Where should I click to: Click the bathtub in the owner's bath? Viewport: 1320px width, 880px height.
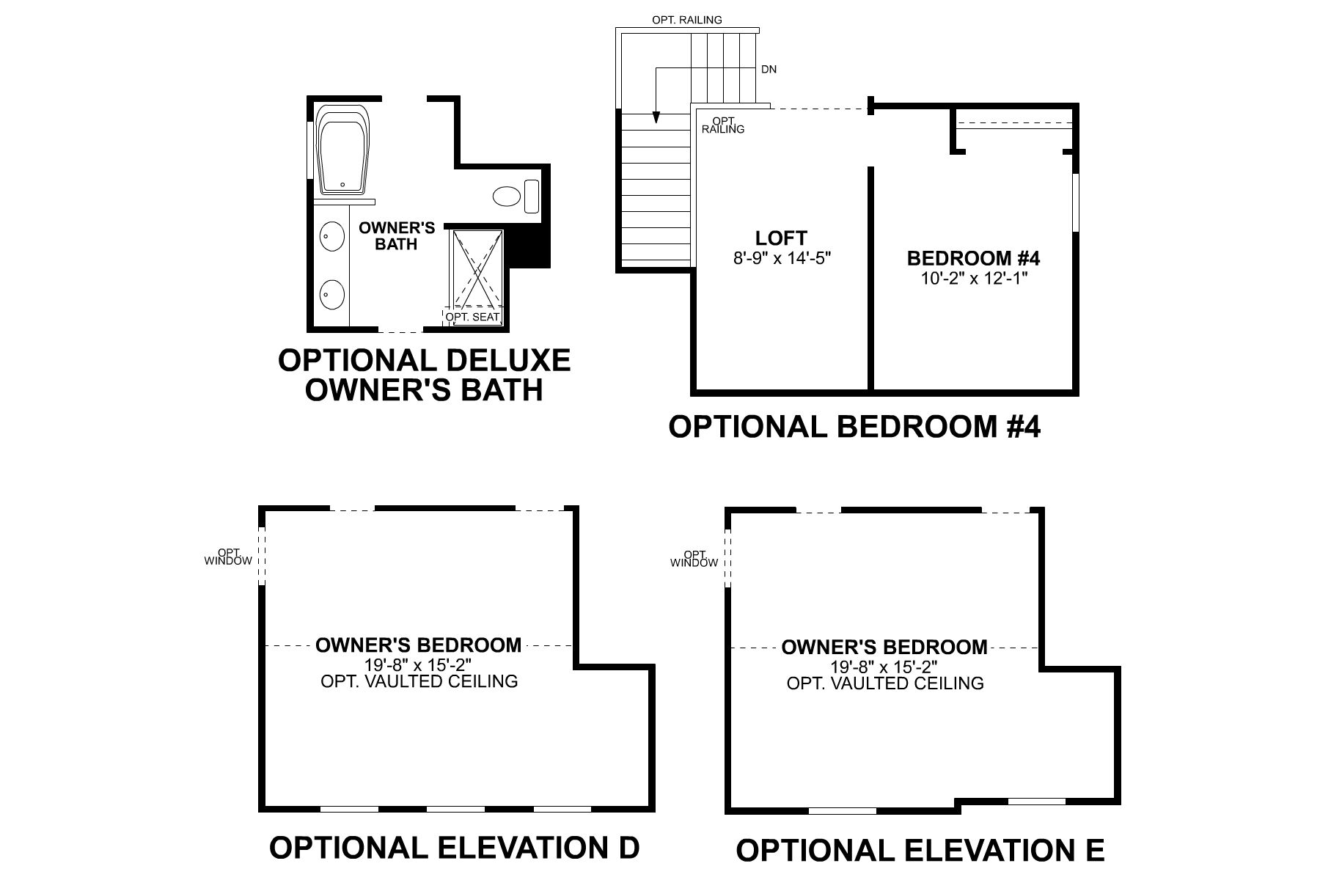click(343, 150)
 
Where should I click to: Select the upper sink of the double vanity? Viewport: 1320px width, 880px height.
click(332, 237)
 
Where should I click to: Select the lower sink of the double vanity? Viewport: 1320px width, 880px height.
click(332, 296)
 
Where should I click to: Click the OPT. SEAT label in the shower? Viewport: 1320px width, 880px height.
click(473, 318)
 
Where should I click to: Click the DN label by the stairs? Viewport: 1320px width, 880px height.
click(769, 70)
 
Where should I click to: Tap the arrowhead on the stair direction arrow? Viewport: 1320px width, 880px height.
click(656, 118)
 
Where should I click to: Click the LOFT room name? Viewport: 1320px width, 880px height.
click(781, 238)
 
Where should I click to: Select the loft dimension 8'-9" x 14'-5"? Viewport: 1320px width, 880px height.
click(781, 258)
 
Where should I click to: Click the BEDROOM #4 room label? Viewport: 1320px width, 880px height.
click(974, 258)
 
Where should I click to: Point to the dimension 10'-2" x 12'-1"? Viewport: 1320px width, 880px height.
click(974, 279)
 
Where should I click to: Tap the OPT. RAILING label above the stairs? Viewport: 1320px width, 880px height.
click(686, 20)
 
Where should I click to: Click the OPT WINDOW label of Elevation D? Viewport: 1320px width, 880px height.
click(228, 557)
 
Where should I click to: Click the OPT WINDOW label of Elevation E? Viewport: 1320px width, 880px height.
click(694, 559)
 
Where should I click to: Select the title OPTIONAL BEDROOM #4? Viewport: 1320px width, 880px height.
click(854, 427)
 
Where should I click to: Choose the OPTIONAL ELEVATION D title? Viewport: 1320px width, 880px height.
click(454, 848)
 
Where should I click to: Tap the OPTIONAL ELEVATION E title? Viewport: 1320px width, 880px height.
click(920, 851)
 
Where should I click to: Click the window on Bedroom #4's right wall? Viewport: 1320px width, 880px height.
click(1075, 202)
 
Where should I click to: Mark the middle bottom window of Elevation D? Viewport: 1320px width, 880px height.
click(455, 810)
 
